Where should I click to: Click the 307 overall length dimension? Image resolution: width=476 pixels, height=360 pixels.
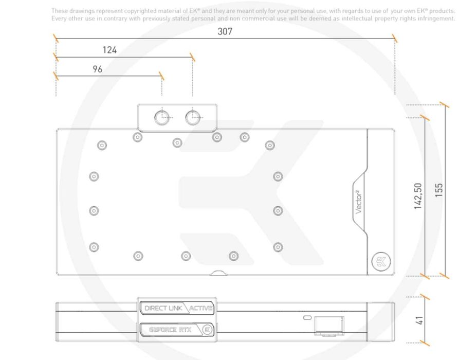pyautogui.click(x=225, y=31)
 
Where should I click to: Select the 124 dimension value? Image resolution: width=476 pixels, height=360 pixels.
pyautogui.click(x=109, y=50)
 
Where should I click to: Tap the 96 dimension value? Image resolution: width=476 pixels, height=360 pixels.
pyautogui.click(x=98, y=69)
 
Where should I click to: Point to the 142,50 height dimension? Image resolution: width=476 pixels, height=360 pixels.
pyautogui.click(x=418, y=196)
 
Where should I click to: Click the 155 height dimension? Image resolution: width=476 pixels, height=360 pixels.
pyautogui.click(x=439, y=190)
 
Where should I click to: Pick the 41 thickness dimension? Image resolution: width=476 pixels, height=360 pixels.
pyautogui.click(x=419, y=320)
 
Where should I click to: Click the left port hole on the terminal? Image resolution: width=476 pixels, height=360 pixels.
pyautogui.click(x=162, y=118)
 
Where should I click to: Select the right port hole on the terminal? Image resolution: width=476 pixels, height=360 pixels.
pyautogui.click(x=193, y=118)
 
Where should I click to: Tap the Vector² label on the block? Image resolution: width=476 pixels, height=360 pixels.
pyautogui.click(x=358, y=202)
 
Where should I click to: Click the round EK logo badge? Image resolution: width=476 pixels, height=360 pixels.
pyautogui.click(x=381, y=261)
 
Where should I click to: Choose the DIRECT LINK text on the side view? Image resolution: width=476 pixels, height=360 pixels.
pyautogui.click(x=163, y=308)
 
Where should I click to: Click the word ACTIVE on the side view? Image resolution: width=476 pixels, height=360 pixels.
pyautogui.click(x=200, y=309)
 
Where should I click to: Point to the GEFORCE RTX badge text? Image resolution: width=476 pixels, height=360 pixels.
pyautogui.click(x=170, y=330)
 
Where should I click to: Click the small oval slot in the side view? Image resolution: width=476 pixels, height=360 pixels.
pyautogui.click(x=307, y=318)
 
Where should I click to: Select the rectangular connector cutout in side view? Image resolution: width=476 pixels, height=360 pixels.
pyautogui.click(x=329, y=326)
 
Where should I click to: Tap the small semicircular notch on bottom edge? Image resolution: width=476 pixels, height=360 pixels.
pyautogui.click(x=218, y=273)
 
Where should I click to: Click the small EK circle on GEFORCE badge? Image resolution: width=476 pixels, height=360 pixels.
pyautogui.click(x=208, y=330)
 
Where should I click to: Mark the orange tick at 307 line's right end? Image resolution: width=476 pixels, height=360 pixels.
pyautogui.click(x=394, y=38)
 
